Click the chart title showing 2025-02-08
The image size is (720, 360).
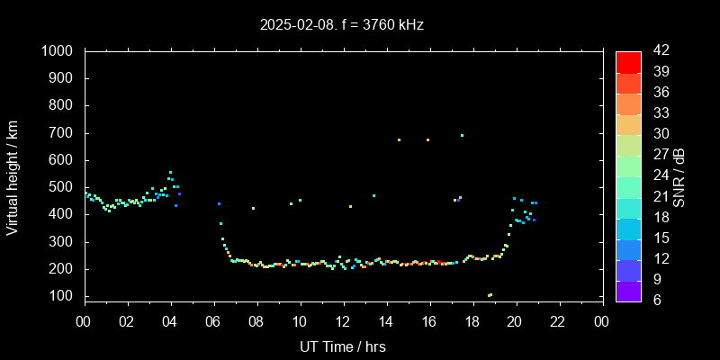tap(341, 25)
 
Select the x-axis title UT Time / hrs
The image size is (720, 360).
tap(343, 346)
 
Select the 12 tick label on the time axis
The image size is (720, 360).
tap(343, 321)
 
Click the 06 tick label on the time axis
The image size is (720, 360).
tap(213, 321)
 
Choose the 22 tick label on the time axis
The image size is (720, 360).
tap(558, 321)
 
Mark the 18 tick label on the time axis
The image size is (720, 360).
tap(472, 321)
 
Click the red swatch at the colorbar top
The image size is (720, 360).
tap(628, 61)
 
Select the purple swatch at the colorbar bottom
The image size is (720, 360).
tap(628, 290)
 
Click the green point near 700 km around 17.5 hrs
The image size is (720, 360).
tap(462, 136)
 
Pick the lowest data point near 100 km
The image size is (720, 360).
tap(490, 295)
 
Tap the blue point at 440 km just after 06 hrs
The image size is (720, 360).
tap(219, 203)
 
